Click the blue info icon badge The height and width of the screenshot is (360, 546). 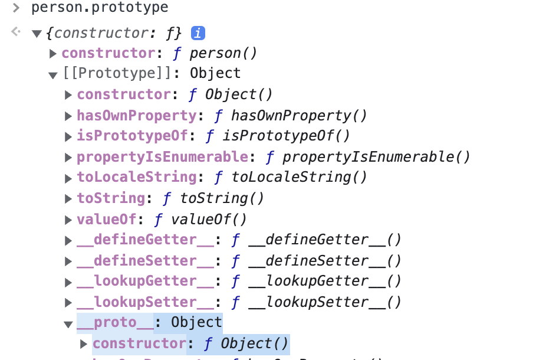coord(199,33)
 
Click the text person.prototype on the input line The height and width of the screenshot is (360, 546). coord(100,8)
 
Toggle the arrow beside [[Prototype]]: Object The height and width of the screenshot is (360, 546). coord(53,74)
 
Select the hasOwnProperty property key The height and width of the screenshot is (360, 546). coord(136,115)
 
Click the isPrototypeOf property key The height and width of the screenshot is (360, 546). coord(132,136)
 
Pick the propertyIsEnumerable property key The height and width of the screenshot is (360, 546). coord(162,157)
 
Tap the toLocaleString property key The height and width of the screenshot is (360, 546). coord(136,177)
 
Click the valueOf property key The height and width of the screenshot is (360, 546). coord(106,220)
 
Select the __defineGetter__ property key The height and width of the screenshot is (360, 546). coord(145,240)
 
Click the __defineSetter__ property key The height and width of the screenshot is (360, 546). coord(145,261)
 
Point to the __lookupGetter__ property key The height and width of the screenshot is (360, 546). coord(145,281)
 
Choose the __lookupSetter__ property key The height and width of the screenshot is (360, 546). coord(145,302)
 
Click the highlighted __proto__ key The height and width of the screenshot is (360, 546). coord(115,322)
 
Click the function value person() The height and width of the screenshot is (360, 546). coord(223,53)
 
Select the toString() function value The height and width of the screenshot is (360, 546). coord(222,198)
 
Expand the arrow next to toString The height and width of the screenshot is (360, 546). coord(68,199)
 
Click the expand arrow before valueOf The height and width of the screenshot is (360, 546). coord(68,220)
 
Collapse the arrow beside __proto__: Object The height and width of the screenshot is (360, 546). coord(68,323)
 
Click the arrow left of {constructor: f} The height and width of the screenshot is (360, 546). coord(37,34)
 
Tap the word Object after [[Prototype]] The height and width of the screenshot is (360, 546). coord(215,73)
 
